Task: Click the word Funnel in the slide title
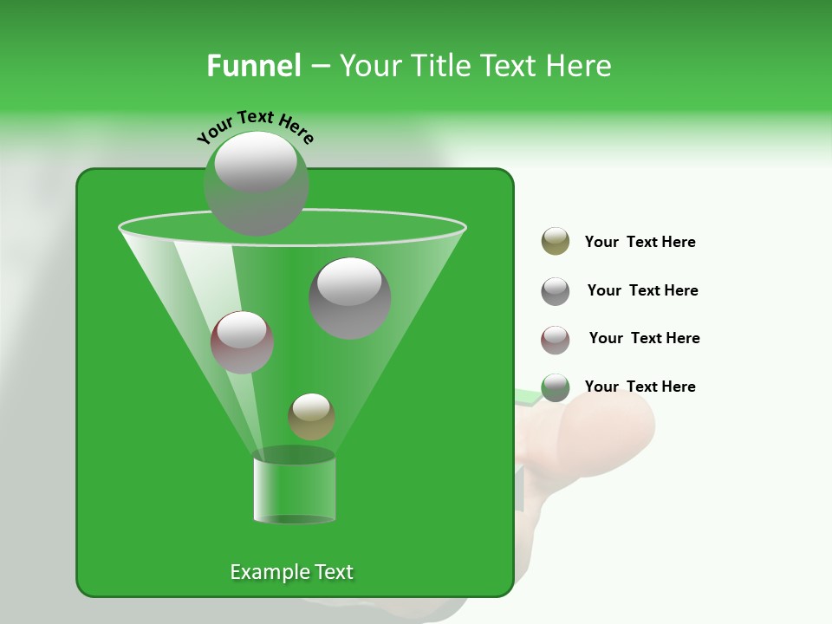(x=254, y=66)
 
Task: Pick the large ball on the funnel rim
(x=256, y=183)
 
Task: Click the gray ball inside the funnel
(x=350, y=297)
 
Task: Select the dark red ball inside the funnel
(x=243, y=341)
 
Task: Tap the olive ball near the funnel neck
(x=312, y=416)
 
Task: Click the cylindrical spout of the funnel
(x=295, y=490)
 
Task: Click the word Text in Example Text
(x=334, y=572)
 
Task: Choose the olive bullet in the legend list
(x=556, y=242)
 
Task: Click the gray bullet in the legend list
(x=556, y=290)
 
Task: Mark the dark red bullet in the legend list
(x=556, y=339)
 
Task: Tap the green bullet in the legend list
(x=556, y=387)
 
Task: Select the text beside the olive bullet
(x=640, y=242)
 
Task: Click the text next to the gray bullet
(x=642, y=290)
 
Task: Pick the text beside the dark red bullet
(x=644, y=338)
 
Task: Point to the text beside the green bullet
(x=640, y=387)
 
